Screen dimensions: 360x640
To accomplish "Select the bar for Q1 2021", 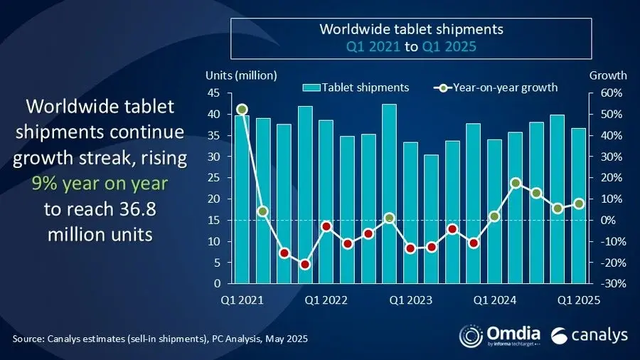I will tap(242, 199).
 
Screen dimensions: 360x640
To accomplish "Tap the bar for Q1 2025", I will tap(579, 206).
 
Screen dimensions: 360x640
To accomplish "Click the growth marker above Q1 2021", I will tap(242, 110).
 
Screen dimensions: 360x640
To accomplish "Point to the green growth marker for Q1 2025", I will tap(579, 203).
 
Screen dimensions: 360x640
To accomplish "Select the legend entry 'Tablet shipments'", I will tap(357, 88).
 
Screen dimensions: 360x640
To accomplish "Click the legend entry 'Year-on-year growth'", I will tap(495, 88).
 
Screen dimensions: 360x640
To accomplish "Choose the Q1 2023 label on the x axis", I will tap(410, 300).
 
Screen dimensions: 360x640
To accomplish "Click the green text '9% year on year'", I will tap(100, 184).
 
